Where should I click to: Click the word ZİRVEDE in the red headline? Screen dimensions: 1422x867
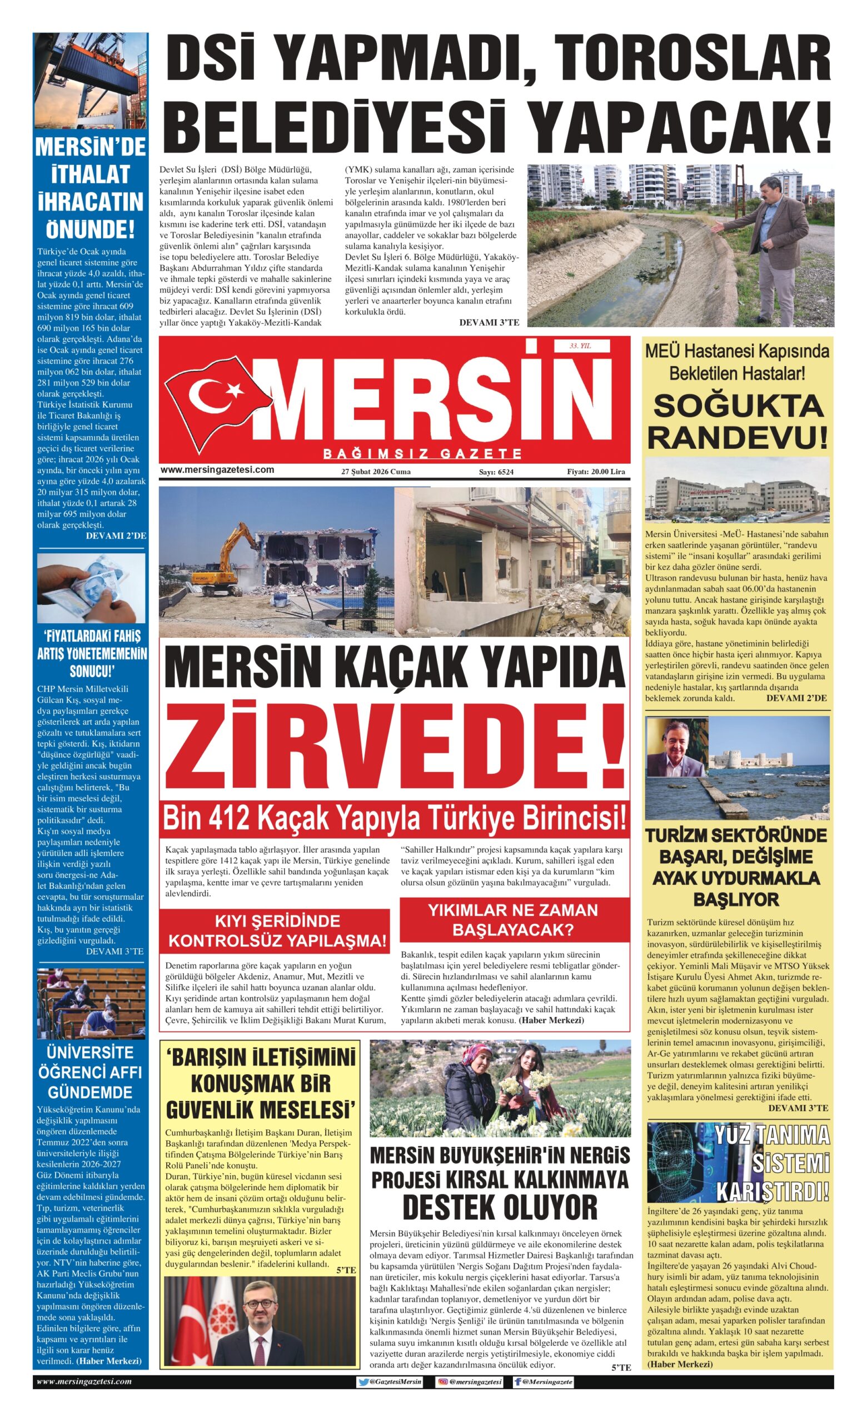pos(394,745)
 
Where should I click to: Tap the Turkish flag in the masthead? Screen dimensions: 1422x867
pos(216,398)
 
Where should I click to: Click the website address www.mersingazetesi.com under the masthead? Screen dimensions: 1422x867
pos(217,470)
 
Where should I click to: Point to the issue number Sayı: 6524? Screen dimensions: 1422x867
pos(496,472)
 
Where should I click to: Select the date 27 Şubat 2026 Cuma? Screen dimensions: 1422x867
pos(376,472)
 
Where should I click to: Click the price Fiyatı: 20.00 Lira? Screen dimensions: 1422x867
pos(596,472)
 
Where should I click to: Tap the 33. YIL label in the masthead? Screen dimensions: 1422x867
pos(580,346)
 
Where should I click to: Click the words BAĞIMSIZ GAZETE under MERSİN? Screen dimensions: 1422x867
pos(422,454)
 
